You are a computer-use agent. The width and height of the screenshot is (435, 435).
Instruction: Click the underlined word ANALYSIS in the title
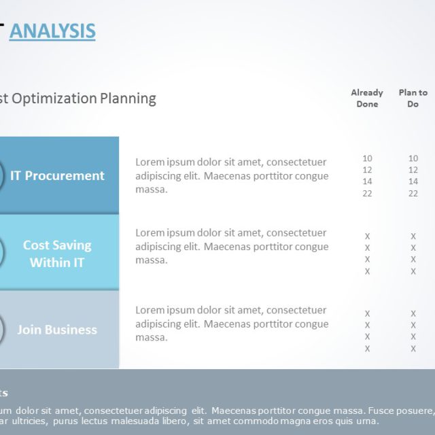(x=52, y=31)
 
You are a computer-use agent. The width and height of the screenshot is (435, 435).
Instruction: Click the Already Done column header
(x=367, y=98)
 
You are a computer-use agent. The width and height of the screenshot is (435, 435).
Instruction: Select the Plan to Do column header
(x=413, y=98)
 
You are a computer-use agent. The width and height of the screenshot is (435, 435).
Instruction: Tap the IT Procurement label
(x=57, y=175)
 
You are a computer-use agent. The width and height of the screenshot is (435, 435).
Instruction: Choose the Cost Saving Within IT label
(x=57, y=253)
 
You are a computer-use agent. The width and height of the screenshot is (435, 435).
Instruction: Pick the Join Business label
(x=57, y=330)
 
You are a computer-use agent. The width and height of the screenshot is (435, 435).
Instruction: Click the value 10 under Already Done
(x=367, y=158)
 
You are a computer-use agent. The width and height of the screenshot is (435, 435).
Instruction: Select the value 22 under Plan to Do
(x=413, y=194)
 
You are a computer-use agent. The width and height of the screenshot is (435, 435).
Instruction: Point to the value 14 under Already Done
(x=367, y=181)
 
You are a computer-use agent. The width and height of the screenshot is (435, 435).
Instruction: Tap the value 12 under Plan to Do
(x=413, y=170)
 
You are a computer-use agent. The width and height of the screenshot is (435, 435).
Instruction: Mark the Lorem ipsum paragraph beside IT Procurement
(x=231, y=175)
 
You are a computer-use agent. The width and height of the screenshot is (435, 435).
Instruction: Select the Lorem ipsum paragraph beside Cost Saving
(x=231, y=246)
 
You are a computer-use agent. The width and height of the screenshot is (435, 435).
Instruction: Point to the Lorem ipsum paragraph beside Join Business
(x=231, y=324)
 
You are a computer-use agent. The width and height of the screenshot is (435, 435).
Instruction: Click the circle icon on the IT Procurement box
(x=1, y=175)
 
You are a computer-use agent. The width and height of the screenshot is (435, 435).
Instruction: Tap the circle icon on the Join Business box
(x=1, y=330)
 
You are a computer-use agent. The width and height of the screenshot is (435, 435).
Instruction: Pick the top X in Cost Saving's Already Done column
(x=367, y=237)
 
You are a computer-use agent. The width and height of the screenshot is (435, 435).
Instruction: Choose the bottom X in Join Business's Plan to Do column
(x=413, y=349)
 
